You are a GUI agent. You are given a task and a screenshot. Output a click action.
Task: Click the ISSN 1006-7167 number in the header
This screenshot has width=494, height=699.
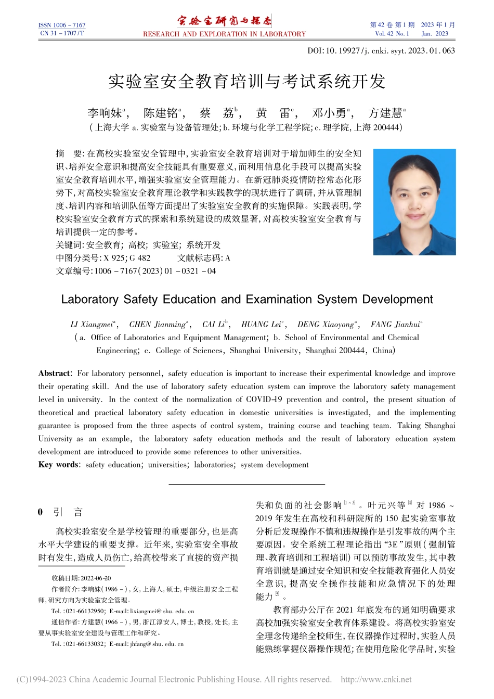(x=62, y=25)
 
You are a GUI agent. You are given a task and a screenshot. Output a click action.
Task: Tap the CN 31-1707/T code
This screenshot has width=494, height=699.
(x=62, y=33)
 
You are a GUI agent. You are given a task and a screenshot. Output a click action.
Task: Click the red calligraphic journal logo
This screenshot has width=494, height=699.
(x=224, y=21)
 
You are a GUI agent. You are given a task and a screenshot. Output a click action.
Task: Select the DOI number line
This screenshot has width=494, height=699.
(x=381, y=51)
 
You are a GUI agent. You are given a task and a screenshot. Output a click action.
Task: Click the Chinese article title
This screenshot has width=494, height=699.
(x=246, y=82)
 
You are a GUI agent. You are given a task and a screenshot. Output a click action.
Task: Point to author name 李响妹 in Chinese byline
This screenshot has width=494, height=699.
(x=105, y=113)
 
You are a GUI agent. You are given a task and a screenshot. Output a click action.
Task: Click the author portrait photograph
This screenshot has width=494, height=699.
(x=414, y=202)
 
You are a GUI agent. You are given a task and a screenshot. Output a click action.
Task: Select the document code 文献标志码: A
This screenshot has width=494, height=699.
(x=204, y=257)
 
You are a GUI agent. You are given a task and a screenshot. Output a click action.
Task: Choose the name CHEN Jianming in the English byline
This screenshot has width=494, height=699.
(x=157, y=325)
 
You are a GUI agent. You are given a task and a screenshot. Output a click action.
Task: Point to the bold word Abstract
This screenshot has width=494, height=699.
(x=54, y=373)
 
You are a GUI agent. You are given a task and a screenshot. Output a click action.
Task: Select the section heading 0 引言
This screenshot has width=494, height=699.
(x=61, y=512)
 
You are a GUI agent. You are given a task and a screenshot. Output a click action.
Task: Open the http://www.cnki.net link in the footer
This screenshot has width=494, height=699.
(x=375, y=679)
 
